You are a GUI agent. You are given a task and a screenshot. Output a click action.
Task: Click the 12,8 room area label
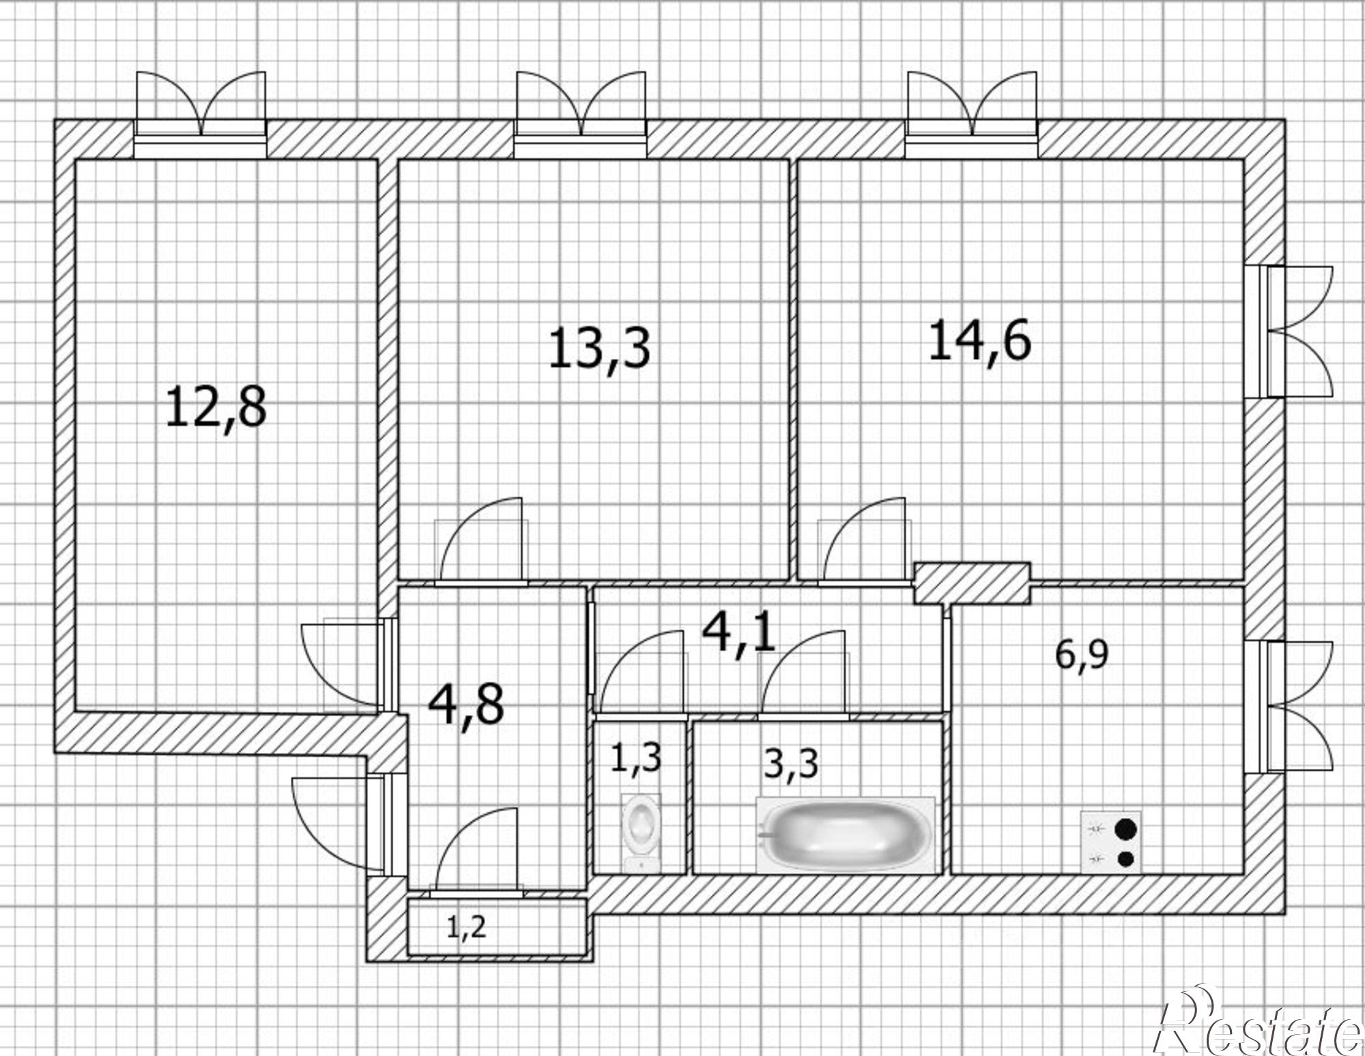216,407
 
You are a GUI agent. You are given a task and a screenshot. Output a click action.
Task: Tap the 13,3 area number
599,349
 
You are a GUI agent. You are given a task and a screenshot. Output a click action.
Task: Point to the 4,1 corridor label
739,632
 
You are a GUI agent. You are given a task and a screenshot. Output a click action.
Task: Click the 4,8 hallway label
466,705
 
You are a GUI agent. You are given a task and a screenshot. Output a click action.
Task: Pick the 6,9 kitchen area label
1082,655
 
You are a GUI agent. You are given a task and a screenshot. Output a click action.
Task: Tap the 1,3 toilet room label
635,758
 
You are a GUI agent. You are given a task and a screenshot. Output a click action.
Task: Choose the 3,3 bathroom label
791,763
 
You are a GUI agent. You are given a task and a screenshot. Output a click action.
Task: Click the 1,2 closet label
467,927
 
